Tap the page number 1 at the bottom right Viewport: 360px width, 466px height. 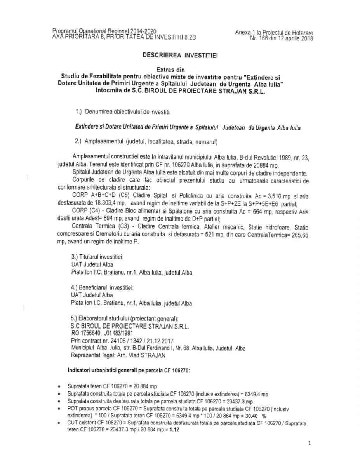click(x=309, y=443)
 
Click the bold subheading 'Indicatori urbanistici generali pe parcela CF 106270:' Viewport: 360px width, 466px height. click(x=129, y=371)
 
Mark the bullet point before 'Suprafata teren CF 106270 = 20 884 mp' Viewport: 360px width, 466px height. click(x=58, y=387)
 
